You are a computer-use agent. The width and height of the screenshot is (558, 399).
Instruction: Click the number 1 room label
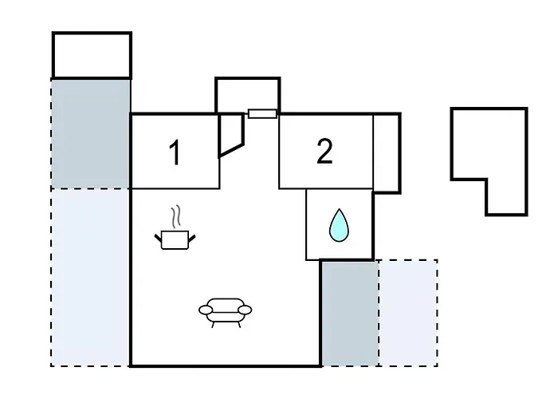point(175,152)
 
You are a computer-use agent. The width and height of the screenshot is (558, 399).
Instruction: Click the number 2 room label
point(324,152)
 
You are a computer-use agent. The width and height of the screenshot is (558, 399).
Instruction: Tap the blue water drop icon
point(339,225)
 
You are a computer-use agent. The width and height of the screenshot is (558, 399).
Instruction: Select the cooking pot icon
point(175,239)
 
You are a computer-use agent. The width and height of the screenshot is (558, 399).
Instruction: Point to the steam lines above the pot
point(178,216)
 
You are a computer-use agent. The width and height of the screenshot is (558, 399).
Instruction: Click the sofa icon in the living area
point(225,310)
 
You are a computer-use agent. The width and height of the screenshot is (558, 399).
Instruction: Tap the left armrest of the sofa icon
point(205,310)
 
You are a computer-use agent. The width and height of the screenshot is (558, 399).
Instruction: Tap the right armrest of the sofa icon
point(245,310)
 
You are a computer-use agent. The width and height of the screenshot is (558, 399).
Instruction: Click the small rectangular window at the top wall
point(262,113)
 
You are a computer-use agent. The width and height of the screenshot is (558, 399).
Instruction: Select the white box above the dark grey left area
point(92,55)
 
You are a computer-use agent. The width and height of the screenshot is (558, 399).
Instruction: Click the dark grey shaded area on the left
point(91,133)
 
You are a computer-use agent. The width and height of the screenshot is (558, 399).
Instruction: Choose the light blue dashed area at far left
point(91,277)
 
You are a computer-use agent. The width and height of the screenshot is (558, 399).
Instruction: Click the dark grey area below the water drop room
point(349,313)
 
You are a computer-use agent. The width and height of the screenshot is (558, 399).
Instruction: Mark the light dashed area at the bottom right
point(407,313)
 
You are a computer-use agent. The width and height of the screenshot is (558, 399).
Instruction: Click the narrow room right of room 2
point(386,152)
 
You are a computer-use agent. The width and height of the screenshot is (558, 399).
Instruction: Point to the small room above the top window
point(248,94)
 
